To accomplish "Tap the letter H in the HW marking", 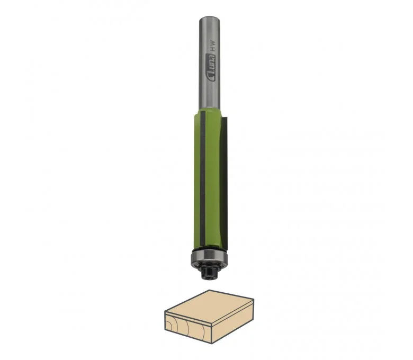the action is pyautogui.click(x=213, y=49).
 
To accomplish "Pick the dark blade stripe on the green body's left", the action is pyautogui.click(x=203, y=179).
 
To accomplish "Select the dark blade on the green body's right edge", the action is pyautogui.click(x=223, y=182).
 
